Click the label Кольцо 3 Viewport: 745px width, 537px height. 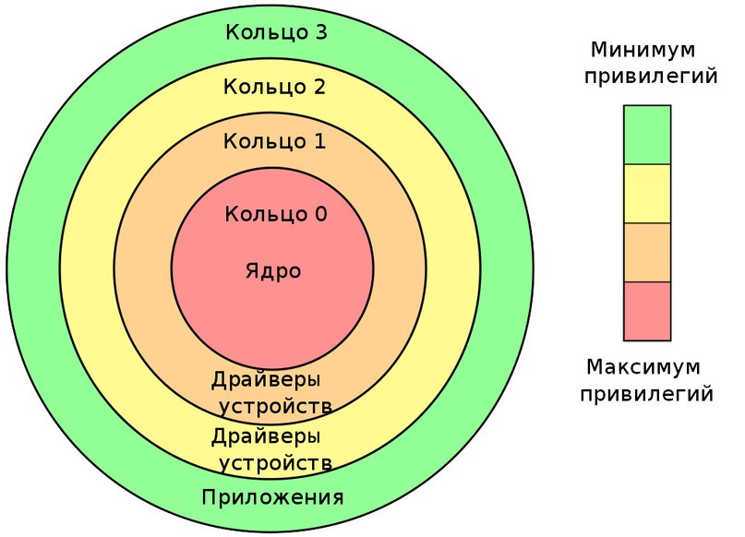[x=276, y=32]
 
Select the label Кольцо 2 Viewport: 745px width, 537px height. [x=274, y=87]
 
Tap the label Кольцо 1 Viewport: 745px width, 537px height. [x=274, y=141]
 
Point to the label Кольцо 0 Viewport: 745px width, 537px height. [x=276, y=214]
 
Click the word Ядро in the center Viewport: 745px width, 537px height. [x=273, y=271]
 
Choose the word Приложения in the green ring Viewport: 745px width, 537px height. [x=272, y=497]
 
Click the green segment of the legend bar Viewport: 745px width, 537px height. [x=647, y=135]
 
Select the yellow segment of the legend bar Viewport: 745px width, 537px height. [x=647, y=194]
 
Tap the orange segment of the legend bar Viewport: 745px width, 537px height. [x=647, y=253]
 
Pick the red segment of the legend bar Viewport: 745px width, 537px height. [x=647, y=312]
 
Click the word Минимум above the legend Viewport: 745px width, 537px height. [x=643, y=50]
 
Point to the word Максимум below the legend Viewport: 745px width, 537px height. [x=643, y=367]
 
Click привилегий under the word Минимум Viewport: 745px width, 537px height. [x=651, y=77]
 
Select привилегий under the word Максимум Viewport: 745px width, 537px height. [x=646, y=395]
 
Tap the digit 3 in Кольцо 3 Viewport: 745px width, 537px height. [x=320, y=32]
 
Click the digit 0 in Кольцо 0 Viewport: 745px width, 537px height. [x=320, y=214]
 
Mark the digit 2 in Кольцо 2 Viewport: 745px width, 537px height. [x=319, y=87]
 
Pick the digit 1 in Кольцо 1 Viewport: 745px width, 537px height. [x=319, y=141]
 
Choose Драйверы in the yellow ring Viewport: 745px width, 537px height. [x=266, y=436]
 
